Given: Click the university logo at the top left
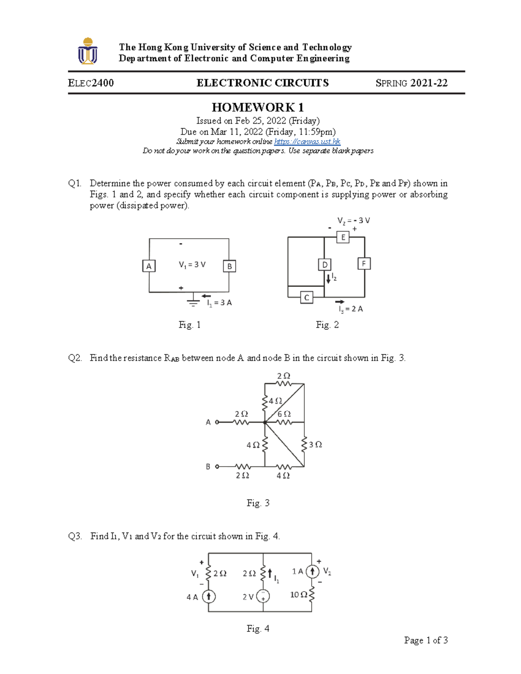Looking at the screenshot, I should tap(88, 51).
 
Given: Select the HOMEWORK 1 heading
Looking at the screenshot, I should tap(257, 107).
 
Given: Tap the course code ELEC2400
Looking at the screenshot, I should tap(91, 83).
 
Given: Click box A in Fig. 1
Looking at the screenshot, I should tap(149, 266).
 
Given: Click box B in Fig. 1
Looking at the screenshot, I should tap(229, 266).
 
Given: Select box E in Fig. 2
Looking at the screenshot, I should tap(343, 237).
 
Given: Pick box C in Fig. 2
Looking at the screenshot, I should tap(307, 297).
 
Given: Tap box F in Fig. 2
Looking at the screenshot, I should tap(364, 263).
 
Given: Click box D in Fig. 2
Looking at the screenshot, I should tap(324, 265).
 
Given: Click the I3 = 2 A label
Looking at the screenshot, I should tap(351, 309).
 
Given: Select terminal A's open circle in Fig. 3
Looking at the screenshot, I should tap(217, 422).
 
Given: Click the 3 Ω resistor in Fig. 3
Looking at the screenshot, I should tap(304, 444).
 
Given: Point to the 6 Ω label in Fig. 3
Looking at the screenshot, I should tap(284, 414).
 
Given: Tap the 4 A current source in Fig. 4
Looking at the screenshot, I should tap(209, 596).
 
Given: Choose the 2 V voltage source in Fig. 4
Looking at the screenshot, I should tap(263, 596).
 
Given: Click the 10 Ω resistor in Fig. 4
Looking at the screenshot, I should tap(312, 595).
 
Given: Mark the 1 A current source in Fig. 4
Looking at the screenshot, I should tap(312, 571).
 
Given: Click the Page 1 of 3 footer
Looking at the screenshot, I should tap(425, 640).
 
